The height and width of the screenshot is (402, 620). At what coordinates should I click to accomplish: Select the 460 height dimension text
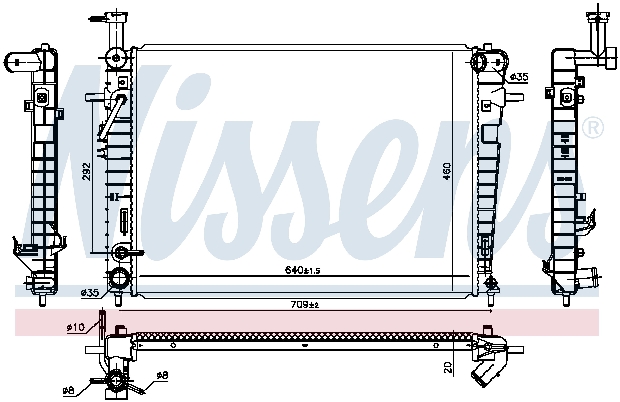pos(447,171)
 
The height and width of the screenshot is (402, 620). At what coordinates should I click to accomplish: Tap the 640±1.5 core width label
pos(302,270)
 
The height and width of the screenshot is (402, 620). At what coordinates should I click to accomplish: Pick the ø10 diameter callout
pos(76,327)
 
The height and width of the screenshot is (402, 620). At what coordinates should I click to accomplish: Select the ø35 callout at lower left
pos(90,293)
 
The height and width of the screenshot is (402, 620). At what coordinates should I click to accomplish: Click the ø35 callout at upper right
pos(519,77)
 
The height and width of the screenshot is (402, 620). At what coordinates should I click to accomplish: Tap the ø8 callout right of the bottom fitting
pos(162,375)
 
